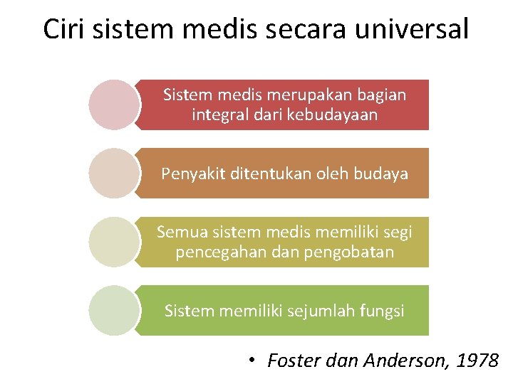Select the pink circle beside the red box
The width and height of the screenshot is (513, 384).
(x=114, y=105)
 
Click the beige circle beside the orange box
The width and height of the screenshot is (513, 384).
(x=114, y=173)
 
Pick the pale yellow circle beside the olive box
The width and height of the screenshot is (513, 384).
(x=114, y=242)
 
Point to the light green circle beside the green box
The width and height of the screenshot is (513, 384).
(x=114, y=310)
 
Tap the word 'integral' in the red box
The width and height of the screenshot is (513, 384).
(x=218, y=114)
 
